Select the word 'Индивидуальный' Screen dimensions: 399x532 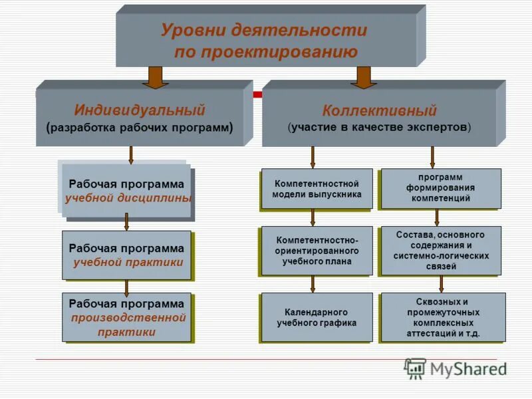click(x=140, y=110)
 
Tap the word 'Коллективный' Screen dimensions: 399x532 click(x=380, y=110)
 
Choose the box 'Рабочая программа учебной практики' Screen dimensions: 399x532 click(x=126, y=255)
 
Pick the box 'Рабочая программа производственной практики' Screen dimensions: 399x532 click(x=127, y=317)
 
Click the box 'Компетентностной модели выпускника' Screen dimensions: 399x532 click(x=317, y=189)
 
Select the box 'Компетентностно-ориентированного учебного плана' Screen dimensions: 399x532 click(x=317, y=251)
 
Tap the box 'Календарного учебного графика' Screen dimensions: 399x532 click(x=317, y=317)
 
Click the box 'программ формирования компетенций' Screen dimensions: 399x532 click(x=440, y=188)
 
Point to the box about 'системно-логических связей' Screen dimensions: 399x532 click(x=440, y=251)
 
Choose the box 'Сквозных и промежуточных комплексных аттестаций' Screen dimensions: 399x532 click(x=443, y=317)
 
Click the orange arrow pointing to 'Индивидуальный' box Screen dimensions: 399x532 click(x=155, y=77)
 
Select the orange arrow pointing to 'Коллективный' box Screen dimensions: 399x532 click(x=364, y=77)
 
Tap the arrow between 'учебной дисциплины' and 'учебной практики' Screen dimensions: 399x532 click(x=126, y=222)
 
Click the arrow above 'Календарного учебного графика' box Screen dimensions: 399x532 click(x=313, y=284)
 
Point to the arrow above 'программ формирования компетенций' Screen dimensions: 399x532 click(x=432, y=157)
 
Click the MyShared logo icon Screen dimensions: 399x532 click(x=415, y=368)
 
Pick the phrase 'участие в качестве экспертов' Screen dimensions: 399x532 click(x=380, y=127)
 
